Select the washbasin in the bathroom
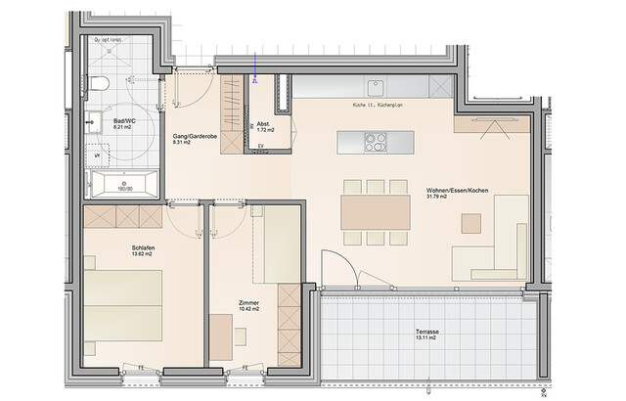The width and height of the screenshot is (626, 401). point(96,123)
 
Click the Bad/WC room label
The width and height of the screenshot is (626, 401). point(124,120)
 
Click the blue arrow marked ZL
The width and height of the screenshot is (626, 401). point(252,74)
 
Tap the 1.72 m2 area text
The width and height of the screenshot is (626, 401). point(264,130)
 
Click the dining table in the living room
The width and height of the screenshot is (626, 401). point(375,210)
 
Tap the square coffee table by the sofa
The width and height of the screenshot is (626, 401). point(471,224)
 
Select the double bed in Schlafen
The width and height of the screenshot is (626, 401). point(122,304)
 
